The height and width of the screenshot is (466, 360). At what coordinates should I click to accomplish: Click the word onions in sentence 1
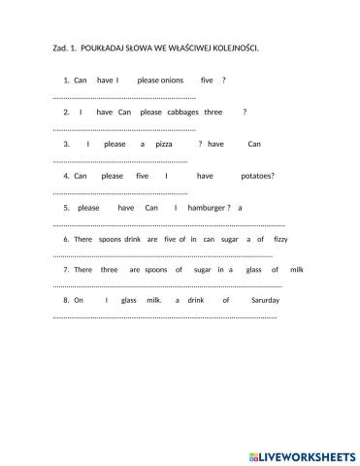169,81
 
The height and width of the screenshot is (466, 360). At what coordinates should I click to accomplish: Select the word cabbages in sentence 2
182,112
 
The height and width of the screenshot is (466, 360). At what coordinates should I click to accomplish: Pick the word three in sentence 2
214,112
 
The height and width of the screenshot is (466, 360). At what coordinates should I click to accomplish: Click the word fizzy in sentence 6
280,239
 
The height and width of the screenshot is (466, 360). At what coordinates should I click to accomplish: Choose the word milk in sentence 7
297,269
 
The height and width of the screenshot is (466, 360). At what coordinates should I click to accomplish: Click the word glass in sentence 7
254,269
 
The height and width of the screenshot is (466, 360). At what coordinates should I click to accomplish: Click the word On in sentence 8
79,300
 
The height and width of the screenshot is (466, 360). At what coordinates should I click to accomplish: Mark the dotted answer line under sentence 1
123,97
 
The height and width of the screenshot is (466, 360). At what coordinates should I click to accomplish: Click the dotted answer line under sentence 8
164,316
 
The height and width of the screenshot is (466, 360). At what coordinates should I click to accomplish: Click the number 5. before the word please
66,208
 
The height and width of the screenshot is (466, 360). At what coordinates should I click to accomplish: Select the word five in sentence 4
143,176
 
